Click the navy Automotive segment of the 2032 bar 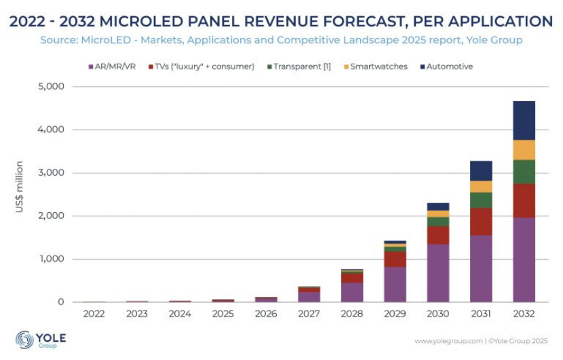[x=524, y=121]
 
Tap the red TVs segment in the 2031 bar [x=481, y=222]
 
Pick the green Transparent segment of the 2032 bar [x=524, y=172]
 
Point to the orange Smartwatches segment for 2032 [x=524, y=150]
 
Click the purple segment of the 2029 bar [x=395, y=284]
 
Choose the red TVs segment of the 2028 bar [x=351, y=278]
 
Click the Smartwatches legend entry [x=376, y=66]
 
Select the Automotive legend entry [x=448, y=66]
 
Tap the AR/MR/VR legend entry [x=114, y=66]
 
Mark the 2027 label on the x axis [x=309, y=314]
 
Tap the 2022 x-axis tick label [x=94, y=314]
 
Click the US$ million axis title [x=20, y=186]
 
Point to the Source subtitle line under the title [x=281, y=40]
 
